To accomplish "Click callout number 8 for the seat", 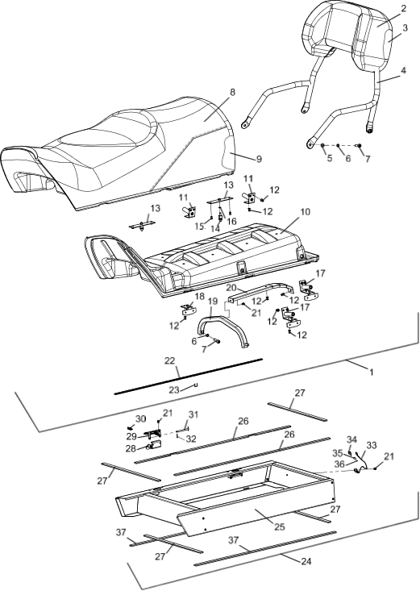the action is tap(232, 93).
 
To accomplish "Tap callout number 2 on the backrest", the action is tap(403, 9).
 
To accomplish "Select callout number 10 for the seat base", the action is tap(306, 212).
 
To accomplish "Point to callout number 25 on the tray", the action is tap(280, 527).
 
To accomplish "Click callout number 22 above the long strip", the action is tap(169, 360).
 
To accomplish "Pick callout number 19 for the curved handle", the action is tap(213, 302).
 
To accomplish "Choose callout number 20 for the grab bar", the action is tap(231, 288).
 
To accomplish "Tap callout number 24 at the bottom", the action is tap(306, 561).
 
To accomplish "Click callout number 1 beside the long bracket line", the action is tap(372, 372).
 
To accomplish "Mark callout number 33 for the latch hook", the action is tap(372, 446).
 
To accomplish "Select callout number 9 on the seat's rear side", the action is tap(259, 159).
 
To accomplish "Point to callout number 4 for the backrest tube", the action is tap(403, 70).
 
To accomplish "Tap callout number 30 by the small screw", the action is tap(140, 418).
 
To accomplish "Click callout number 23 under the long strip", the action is tap(174, 389).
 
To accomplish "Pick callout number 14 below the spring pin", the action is tap(215, 229).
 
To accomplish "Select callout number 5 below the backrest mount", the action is tap(330, 158).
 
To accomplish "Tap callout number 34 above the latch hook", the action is tap(351, 440).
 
